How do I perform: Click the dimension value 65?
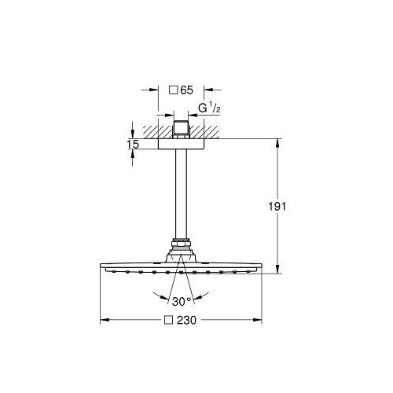tap(187, 90)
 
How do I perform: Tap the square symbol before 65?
tap(174, 90)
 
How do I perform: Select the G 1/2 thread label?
tap(209, 108)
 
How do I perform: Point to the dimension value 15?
tap(133, 145)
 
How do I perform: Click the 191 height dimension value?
tap(277, 207)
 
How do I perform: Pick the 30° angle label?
tap(182, 302)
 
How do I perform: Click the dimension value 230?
tap(186, 320)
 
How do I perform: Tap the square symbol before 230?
tap(168, 320)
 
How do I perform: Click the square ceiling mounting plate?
tap(181, 144)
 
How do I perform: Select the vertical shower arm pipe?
tap(181, 194)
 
